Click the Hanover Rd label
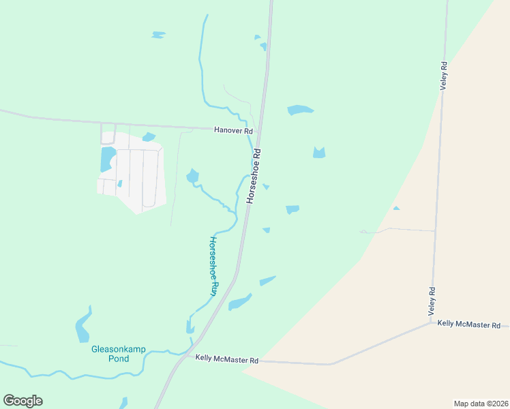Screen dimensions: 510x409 pyautogui.click(x=233, y=130)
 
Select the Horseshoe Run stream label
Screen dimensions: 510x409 pyautogui.click(x=213, y=266)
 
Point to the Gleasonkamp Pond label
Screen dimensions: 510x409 pyautogui.click(x=110, y=354)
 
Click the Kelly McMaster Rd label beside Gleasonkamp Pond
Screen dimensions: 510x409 pyautogui.click(x=227, y=359)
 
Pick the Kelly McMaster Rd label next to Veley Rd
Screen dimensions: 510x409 pyautogui.click(x=469, y=324)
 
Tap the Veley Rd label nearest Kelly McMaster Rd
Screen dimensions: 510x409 pyautogui.click(x=432, y=301)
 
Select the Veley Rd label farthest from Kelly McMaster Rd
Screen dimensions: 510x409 pyautogui.click(x=443, y=76)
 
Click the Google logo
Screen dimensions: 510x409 pyautogui.click(x=22, y=401)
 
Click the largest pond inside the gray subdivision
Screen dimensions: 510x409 pyautogui.click(x=107, y=159)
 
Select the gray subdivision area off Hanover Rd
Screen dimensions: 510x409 pyautogui.click(x=136, y=174)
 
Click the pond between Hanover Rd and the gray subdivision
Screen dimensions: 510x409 pyautogui.click(x=149, y=137)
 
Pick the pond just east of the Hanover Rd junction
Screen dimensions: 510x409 pyautogui.click(x=300, y=110)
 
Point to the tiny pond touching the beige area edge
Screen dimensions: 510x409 pyautogui.click(x=396, y=208)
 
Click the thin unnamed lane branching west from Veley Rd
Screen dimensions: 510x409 pyautogui.click(x=399, y=230)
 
